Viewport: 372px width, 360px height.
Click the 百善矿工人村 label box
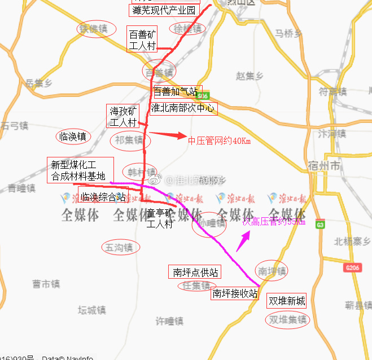click(x=142, y=40)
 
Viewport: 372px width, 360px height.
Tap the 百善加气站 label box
click(x=176, y=91)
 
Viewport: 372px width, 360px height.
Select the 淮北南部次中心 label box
click(x=183, y=108)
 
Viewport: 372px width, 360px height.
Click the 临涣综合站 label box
click(x=102, y=197)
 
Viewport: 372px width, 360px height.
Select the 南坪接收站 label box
click(x=235, y=293)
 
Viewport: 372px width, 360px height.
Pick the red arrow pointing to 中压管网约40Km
click(x=167, y=135)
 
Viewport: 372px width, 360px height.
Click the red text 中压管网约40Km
click(x=219, y=141)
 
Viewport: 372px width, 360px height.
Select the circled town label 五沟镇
click(x=120, y=247)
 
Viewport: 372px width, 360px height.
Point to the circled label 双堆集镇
click(x=288, y=320)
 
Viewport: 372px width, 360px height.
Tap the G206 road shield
click(x=352, y=267)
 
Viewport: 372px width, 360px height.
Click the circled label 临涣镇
click(x=73, y=136)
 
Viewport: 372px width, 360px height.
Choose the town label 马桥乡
click(x=288, y=33)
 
